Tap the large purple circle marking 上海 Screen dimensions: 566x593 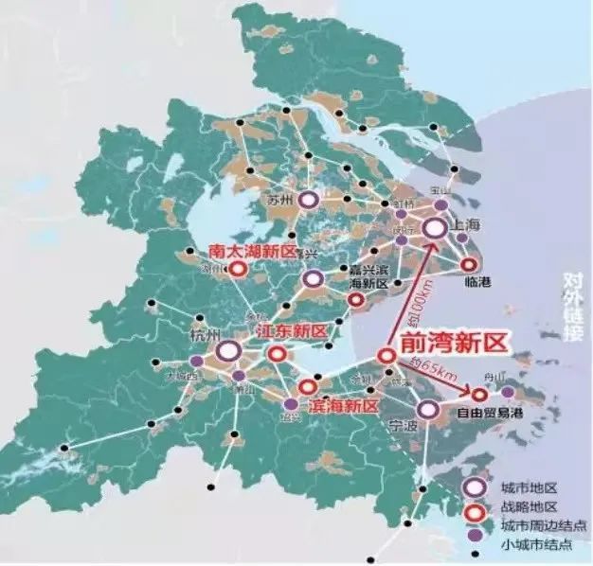click(435, 228)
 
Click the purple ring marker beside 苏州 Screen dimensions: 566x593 click(307, 201)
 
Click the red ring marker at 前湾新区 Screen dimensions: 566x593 click(386, 356)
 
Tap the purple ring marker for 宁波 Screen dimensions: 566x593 click(428, 409)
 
